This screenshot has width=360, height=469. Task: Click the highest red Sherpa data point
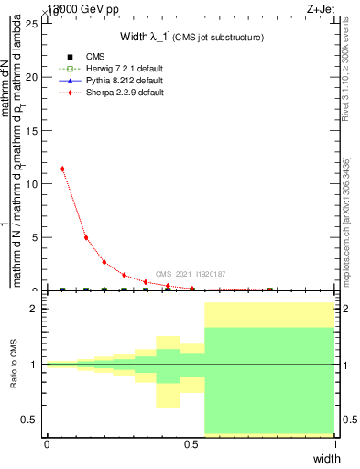pos(62,169)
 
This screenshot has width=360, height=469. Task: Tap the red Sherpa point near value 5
pos(86,237)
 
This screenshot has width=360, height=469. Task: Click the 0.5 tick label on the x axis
pos(191,444)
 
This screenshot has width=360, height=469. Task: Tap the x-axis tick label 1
pos(335,444)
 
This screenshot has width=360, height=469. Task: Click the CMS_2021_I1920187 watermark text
pos(191,274)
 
